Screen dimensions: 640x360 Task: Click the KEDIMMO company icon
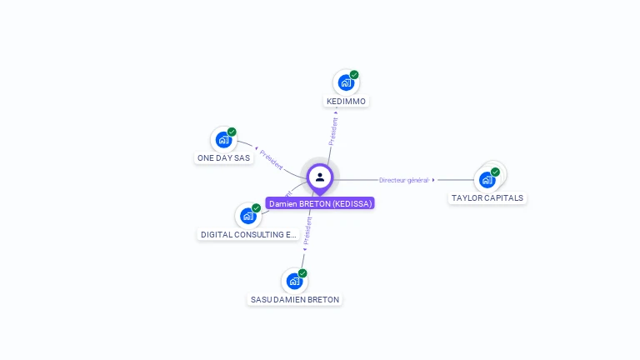click(x=345, y=82)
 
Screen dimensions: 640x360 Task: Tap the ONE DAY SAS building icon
click(x=222, y=139)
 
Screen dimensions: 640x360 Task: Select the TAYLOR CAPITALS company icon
click(x=487, y=179)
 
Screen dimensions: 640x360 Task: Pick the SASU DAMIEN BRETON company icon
click(x=293, y=281)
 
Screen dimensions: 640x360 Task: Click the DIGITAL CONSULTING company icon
click(x=247, y=216)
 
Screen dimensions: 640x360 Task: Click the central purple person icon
click(x=320, y=177)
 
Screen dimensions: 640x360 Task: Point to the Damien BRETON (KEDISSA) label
click(x=320, y=203)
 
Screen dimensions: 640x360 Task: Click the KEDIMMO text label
click(x=346, y=102)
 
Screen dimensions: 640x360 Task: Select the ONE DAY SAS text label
click(x=223, y=157)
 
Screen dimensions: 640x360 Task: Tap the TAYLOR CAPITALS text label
click(x=487, y=198)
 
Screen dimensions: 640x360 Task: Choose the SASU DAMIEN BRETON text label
click(x=296, y=299)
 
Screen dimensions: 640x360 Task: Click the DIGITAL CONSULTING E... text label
click(x=248, y=235)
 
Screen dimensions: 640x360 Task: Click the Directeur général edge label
click(x=403, y=180)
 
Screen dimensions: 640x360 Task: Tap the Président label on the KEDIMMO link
click(x=333, y=132)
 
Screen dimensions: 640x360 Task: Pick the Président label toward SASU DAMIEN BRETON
click(x=307, y=232)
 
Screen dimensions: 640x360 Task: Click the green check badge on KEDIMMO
click(x=354, y=75)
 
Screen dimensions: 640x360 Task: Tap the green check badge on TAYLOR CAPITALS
click(x=495, y=172)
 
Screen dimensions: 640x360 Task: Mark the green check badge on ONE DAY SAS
click(x=232, y=132)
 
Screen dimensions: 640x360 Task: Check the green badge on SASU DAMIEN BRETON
click(x=302, y=273)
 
